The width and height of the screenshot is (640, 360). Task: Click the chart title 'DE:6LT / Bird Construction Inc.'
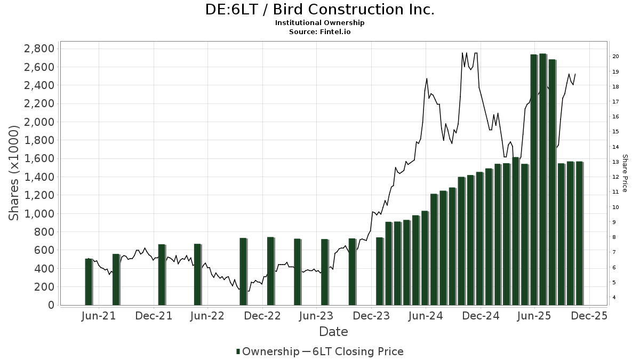pos(319,10)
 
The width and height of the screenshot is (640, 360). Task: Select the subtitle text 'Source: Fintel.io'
pos(319,31)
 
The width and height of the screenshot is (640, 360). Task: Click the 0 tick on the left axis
pos(51,305)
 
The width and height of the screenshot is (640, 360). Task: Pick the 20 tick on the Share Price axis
pos(615,57)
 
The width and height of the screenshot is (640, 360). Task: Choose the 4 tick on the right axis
pos(615,298)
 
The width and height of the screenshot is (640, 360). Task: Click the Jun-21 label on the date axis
pos(99,316)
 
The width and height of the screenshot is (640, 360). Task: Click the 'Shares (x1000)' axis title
pos(14,173)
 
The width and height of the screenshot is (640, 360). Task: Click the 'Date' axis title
pos(333,332)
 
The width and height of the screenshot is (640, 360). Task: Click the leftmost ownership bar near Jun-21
pos(89,282)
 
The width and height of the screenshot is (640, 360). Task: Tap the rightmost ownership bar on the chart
pos(579,233)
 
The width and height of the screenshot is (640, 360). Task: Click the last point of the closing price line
pos(575,74)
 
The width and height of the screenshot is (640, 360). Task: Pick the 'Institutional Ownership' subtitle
pos(319,23)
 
